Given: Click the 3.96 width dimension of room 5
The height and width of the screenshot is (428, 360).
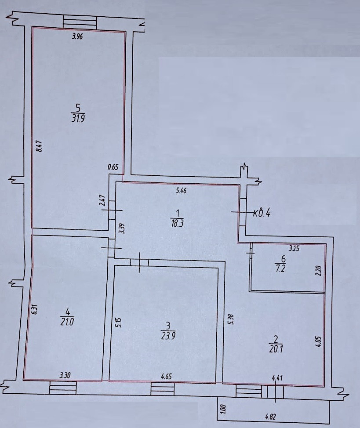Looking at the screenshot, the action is tap(77, 37).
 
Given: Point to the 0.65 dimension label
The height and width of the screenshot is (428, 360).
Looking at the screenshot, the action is tap(113, 167).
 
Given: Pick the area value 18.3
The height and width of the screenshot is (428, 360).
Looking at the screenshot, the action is tap(176, 223).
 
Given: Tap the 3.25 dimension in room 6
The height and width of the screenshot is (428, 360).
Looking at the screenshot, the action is tap(293, 249).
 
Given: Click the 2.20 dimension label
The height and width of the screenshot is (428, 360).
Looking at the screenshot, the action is tap(319, 269).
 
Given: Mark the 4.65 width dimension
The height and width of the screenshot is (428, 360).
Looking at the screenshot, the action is tap(167, 376).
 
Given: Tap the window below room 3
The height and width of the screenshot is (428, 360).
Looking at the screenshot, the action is tap(162, 388).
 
